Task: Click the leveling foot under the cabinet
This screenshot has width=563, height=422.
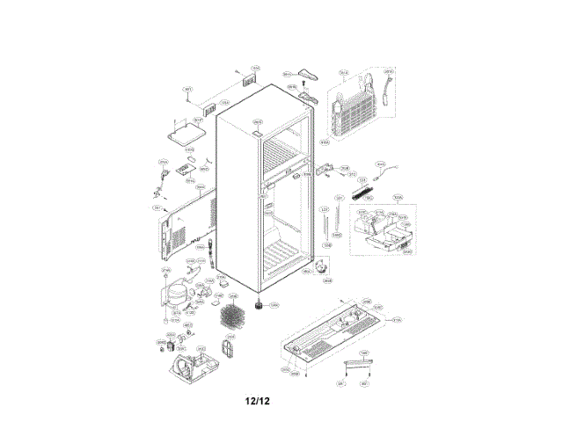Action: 260,305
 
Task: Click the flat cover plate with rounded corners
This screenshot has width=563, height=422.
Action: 188,134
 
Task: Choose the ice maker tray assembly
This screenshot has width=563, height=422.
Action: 380,233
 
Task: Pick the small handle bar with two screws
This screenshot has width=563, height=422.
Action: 351,363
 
